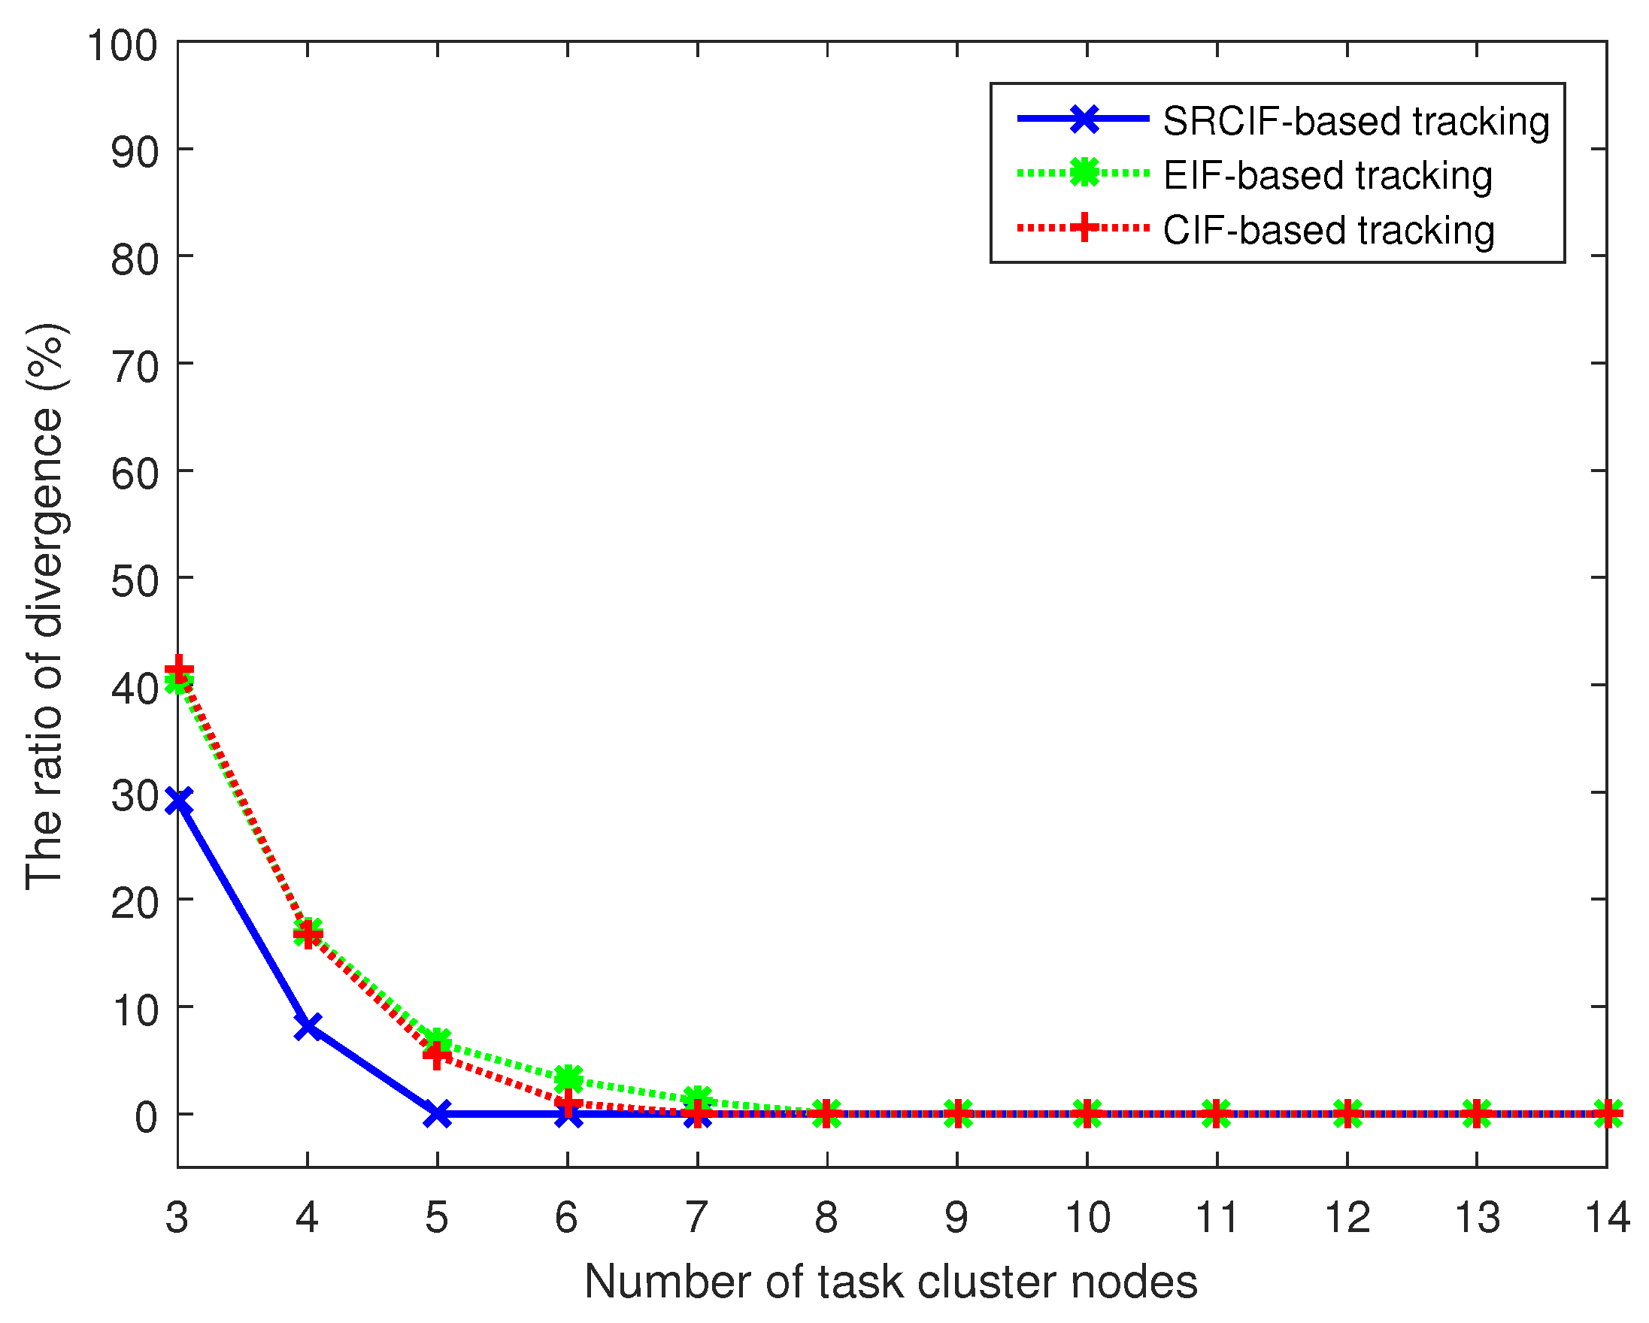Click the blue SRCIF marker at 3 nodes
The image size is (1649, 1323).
click(178, 802)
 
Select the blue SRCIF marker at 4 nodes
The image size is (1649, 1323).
click(308, 1026)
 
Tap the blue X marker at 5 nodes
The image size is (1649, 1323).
click(438, 1114)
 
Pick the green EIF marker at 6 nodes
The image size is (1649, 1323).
click(568, 1079)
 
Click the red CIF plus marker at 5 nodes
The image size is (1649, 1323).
click(438, 1055)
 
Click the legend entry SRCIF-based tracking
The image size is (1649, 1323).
click(1356, 121)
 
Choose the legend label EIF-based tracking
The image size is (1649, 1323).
click(1328, 175)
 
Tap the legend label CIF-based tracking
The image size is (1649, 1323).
click(1329, 230)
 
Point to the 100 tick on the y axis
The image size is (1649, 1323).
click(123, 45)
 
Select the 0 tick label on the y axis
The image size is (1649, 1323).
click(146, 1117)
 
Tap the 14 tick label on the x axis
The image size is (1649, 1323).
click(1607, 1217)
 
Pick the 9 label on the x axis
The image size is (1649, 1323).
click(956, 1217)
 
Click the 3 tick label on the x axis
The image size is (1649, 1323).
click(177, 1217)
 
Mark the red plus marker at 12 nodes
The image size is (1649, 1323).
click(1347, 1114)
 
